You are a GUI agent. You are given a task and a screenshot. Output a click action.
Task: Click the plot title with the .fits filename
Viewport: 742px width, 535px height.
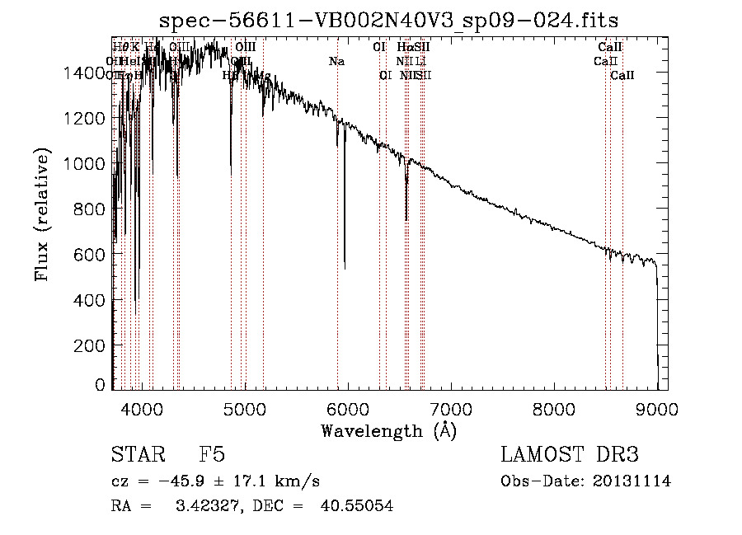[x=388, y=20]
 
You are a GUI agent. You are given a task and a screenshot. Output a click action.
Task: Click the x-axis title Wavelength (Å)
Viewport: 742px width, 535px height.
[x=388, y=430]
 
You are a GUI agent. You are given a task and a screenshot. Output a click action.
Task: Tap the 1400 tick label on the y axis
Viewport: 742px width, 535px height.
[x=86, y=73]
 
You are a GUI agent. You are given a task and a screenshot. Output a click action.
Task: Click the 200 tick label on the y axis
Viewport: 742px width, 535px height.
[x=92, y=346]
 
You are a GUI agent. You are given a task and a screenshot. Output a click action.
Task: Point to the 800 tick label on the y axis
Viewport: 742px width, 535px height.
[x=92, y=210]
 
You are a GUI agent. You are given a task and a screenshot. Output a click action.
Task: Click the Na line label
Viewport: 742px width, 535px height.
[x=336, y=62]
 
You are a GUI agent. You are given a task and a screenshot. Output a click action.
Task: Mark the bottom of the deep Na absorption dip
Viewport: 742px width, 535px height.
[x=345, y=267]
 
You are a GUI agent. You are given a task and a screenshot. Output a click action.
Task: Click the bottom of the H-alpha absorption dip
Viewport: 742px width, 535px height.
[x=406, y=219]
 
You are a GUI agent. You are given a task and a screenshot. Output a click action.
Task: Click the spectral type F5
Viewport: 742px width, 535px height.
[x=211, y=455]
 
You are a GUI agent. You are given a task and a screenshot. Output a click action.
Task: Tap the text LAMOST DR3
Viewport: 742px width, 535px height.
[x=570, y=455]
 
